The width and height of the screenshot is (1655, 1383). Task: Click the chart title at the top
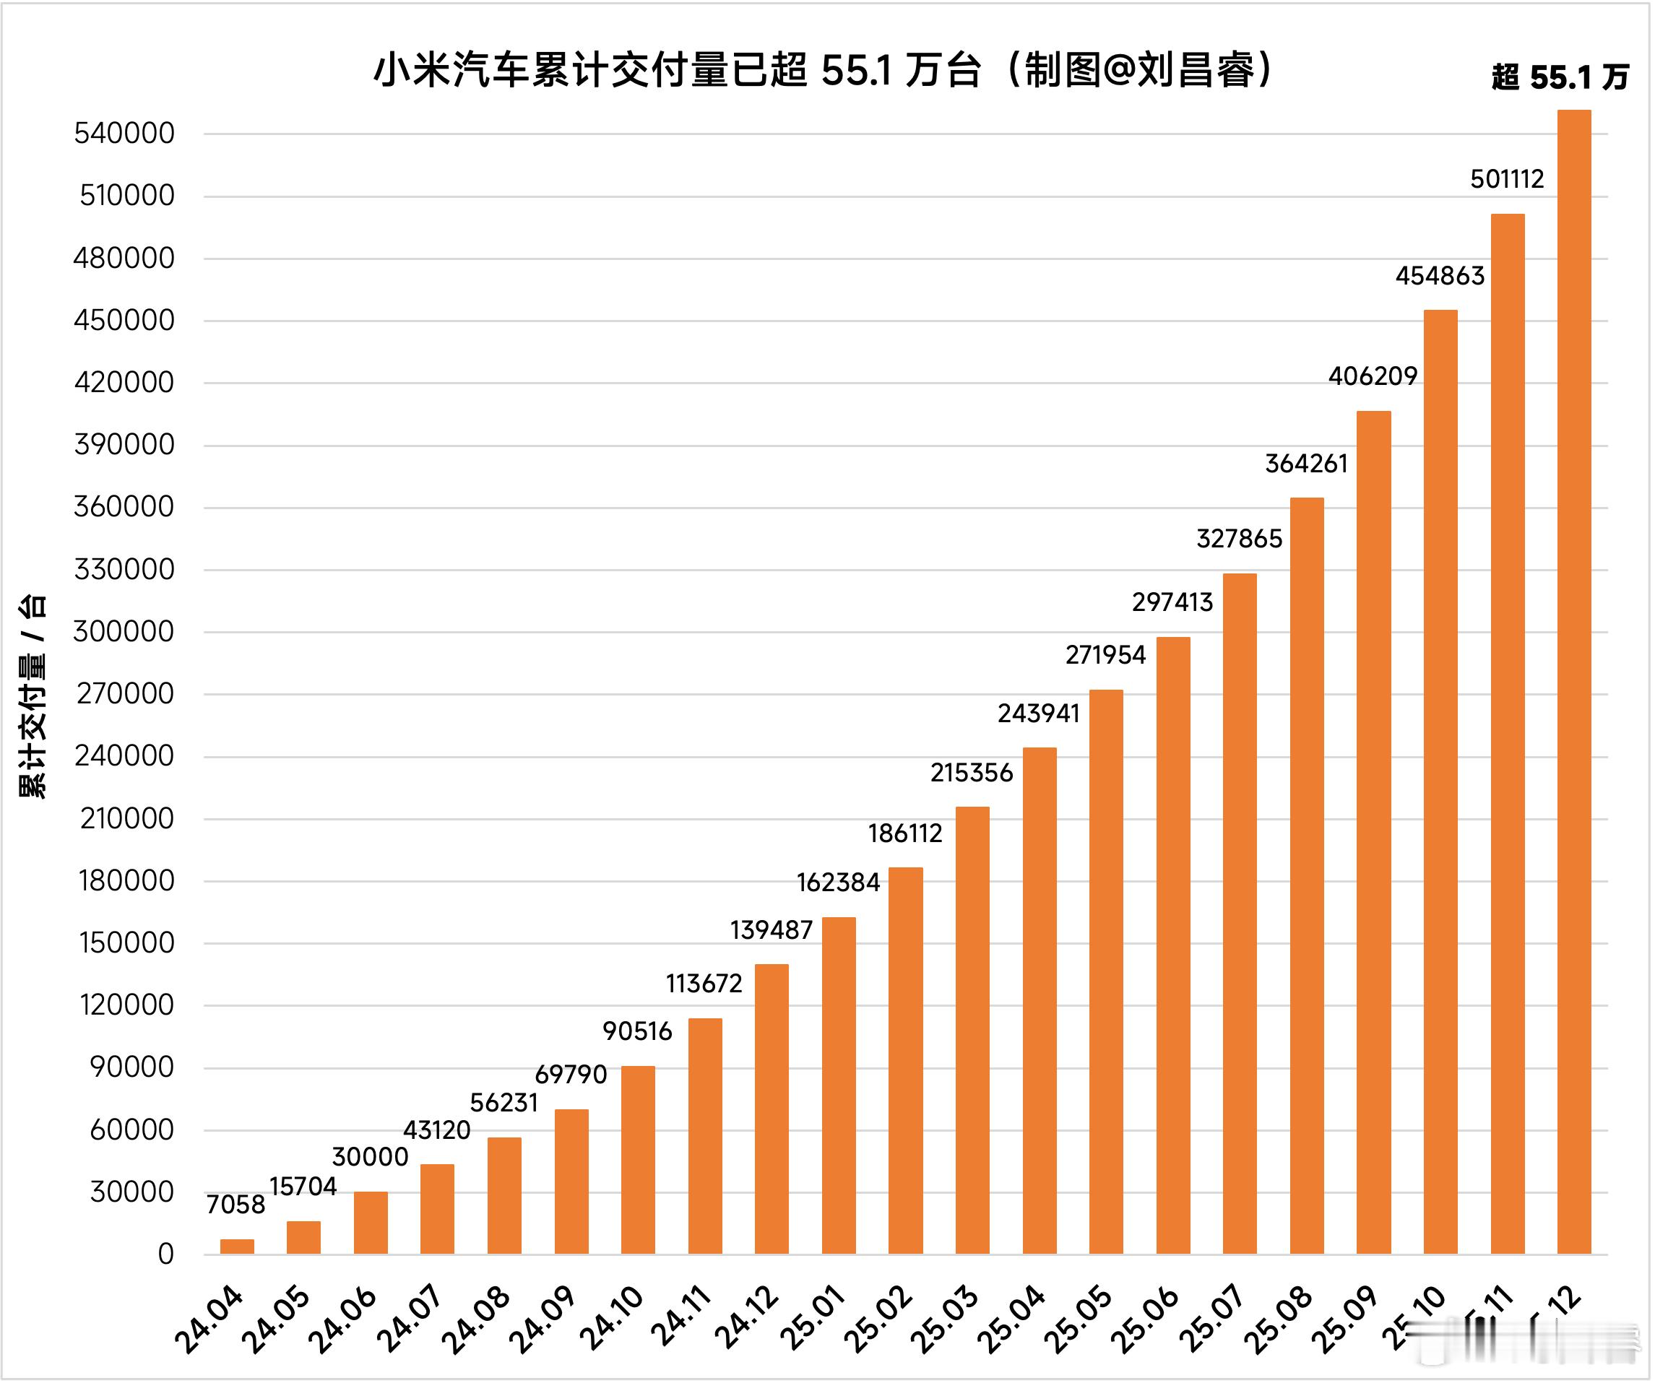pos(824,71)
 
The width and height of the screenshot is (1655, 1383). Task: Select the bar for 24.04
pos(237,1247)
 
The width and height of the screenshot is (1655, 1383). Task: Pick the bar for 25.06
pos(1172,945)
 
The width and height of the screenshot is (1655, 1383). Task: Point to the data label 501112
pos(1507,180)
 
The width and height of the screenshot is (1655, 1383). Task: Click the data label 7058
pos(235,1205)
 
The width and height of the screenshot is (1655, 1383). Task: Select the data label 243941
pos(1038,714)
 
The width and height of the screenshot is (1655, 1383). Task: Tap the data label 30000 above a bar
pos(370,1157)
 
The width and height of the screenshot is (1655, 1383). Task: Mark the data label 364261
pos(1306,464)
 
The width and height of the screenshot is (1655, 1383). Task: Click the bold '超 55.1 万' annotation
pos(1560,77)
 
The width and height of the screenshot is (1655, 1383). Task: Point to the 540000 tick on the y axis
pos(124,133)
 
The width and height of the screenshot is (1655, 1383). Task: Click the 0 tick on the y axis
pos(165,1254)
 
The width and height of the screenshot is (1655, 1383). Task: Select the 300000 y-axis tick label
pos(124,631)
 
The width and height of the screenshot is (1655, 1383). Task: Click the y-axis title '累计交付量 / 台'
pos(33,698)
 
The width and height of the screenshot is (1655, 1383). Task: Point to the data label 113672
pos(704,984)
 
